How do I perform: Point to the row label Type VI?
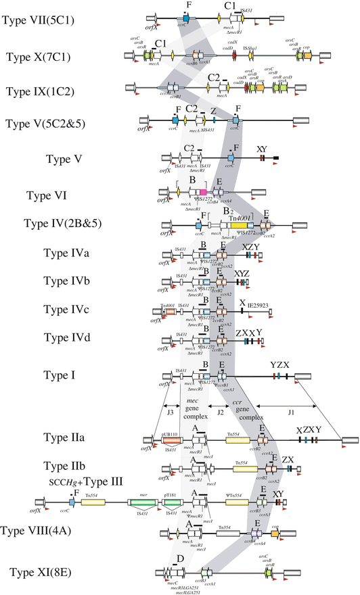coord(46,195)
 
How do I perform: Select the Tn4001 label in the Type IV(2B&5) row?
coord(241,216)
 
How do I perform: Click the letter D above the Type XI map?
coord(181,558)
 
